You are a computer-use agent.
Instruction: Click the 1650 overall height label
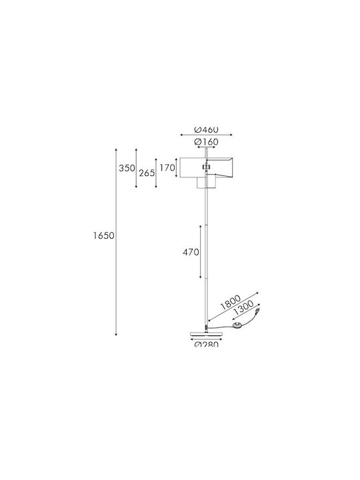coord(104,235)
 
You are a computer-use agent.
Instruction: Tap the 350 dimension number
coord(127,168)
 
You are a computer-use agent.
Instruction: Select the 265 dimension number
coord(147,173)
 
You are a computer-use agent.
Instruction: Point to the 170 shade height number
coord(167,168)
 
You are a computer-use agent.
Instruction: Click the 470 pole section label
coord(191,252)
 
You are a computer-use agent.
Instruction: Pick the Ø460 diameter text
coord(206,130)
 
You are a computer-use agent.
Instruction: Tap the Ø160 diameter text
coord(206,142)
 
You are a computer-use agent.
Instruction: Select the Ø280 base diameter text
coord(206,344)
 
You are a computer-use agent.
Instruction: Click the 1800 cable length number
coord(231,302)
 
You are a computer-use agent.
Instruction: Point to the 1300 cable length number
coord(243,308)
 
